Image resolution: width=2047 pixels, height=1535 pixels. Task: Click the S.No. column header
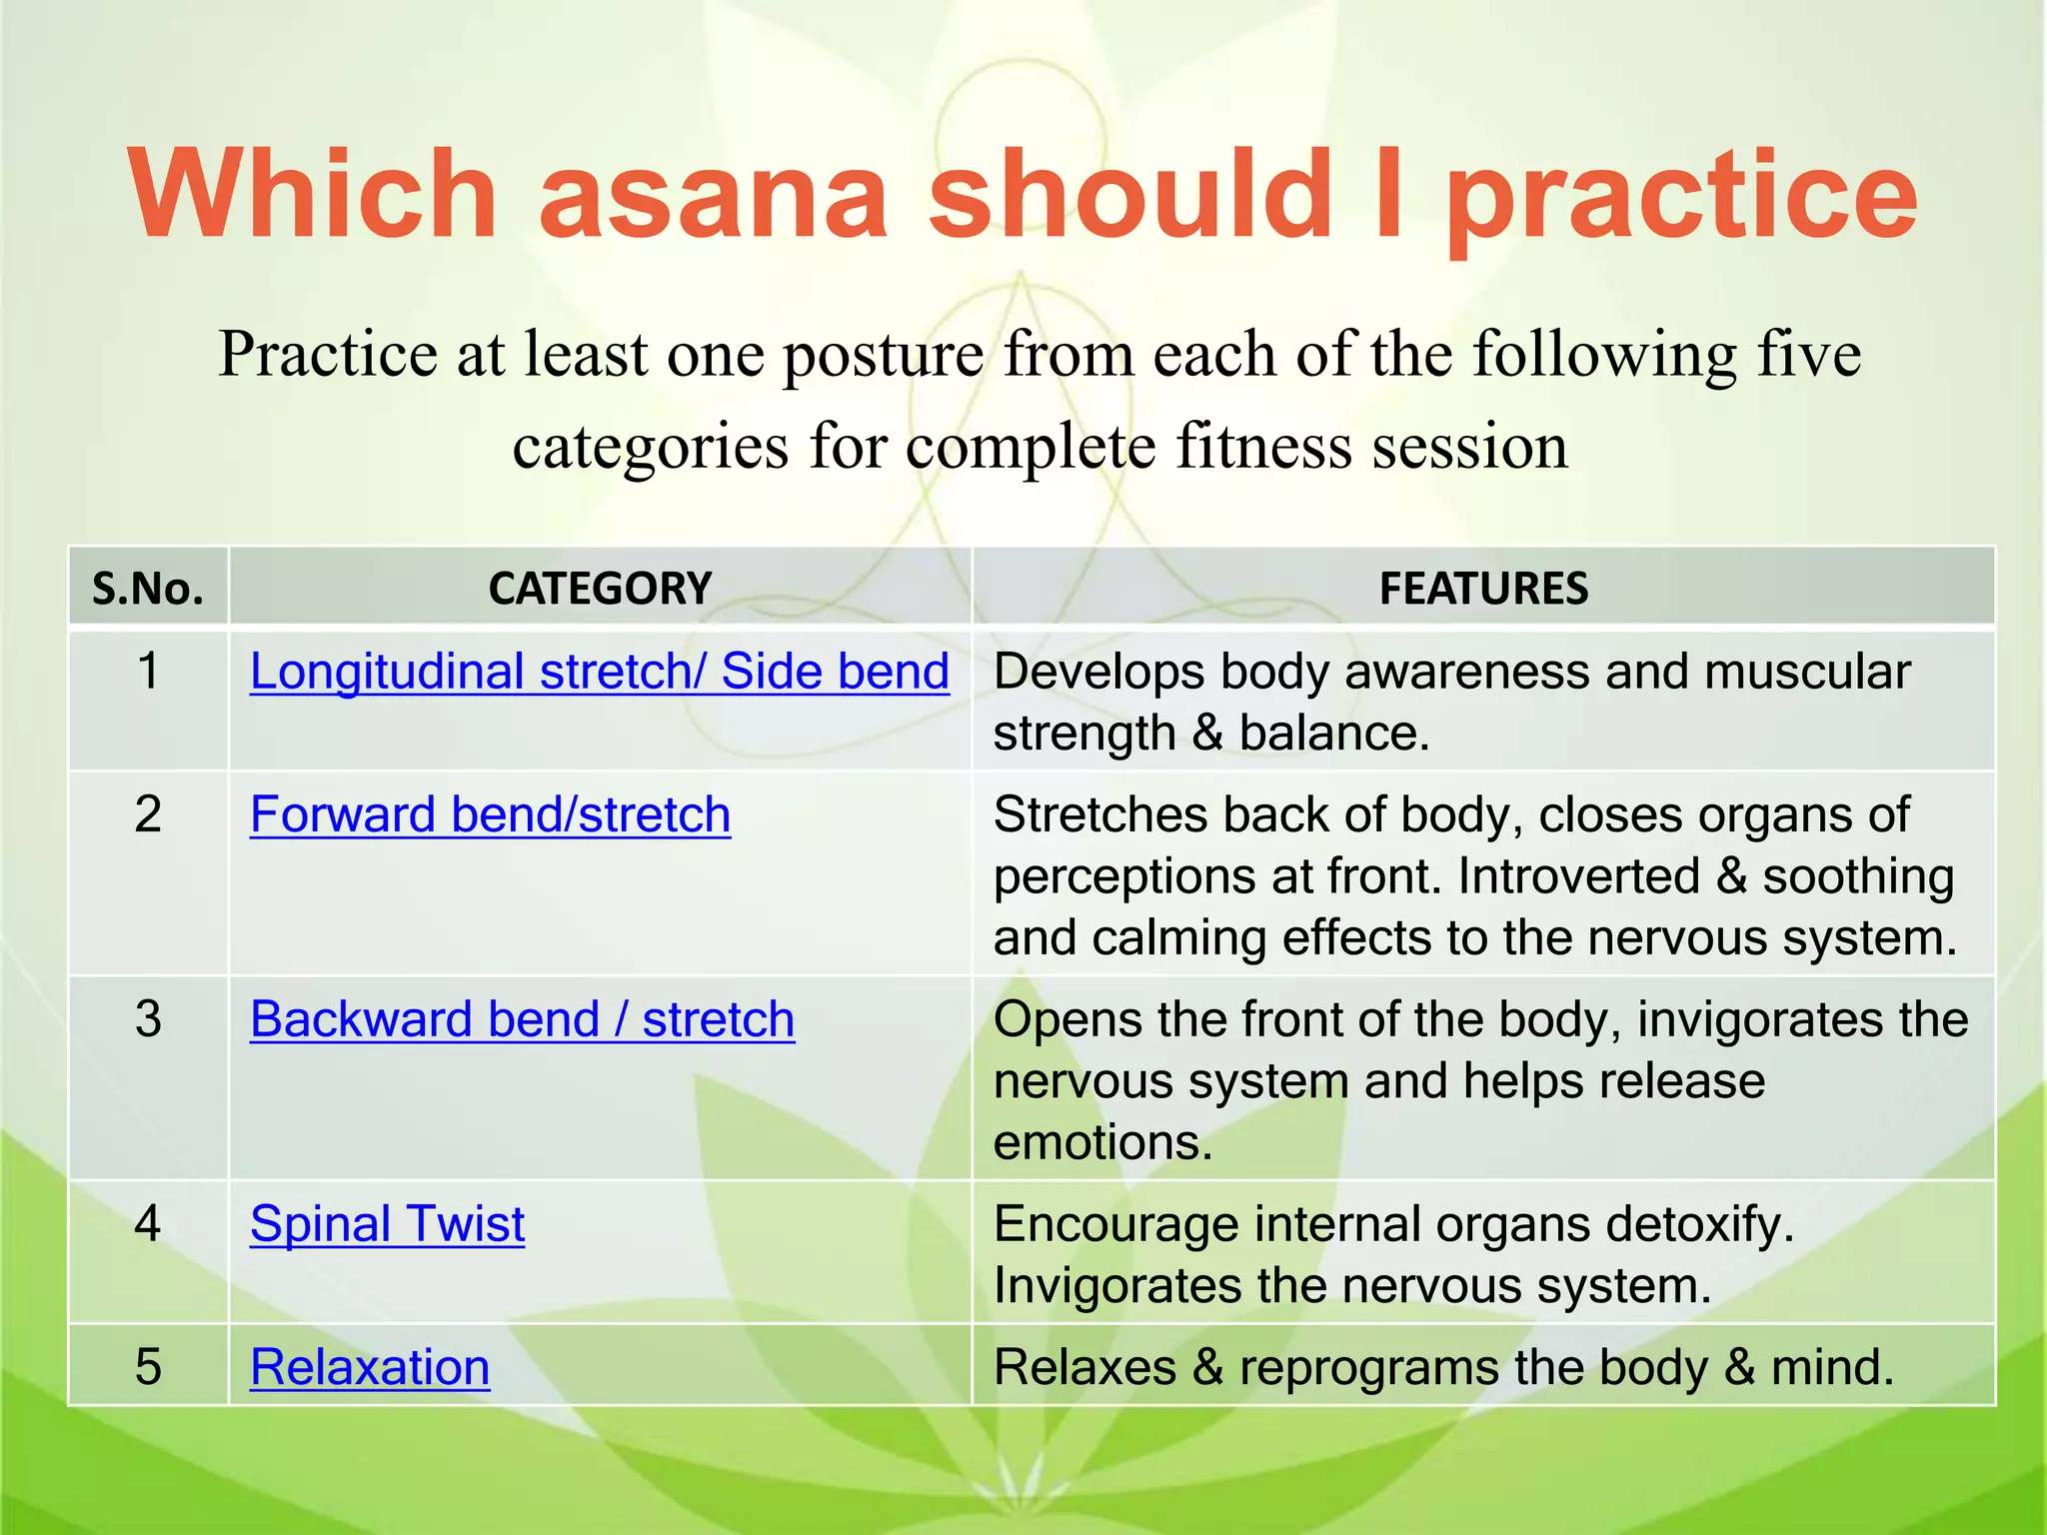tap(148, 589)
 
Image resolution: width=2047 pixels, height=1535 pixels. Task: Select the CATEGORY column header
tap(600, 589)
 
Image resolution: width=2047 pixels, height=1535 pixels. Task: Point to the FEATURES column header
tap(1483, 589)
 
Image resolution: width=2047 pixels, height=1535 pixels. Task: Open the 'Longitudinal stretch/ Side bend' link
tap(599, 672)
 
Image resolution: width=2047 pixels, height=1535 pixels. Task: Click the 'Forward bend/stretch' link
tap(490, 814)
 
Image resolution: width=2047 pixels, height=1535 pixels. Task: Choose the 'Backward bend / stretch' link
tap(522, 1019)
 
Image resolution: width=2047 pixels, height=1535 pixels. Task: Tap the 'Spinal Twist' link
tap(387, 1224)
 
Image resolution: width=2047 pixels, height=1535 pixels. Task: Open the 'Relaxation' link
tap(370, 1367)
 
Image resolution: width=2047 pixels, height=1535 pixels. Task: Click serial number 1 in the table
tap(148, 671)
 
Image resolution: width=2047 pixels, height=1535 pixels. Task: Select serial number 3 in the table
tap(148, 1019)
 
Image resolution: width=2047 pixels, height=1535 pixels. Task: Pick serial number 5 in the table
tap(148, 1367)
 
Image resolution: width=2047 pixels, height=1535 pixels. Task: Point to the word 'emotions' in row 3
tap(1101, 1143)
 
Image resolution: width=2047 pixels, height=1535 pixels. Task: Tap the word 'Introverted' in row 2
tap(1578, 876)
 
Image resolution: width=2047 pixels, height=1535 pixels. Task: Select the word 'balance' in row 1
tap(1332, 734)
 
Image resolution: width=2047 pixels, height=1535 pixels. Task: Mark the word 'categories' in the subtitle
tap(651, 447)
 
